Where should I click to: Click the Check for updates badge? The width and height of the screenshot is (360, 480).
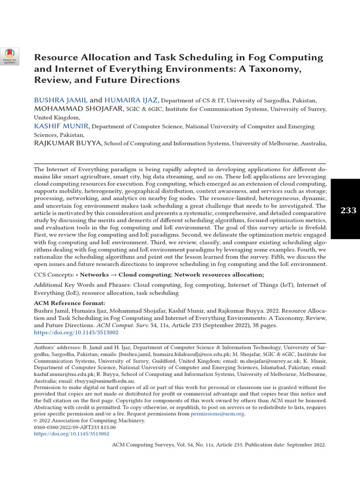[x=9, y=56]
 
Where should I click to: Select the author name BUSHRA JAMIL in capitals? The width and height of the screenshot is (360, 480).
[x=60, y=100]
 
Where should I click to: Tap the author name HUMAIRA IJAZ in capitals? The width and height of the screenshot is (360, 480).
[x=131, y=100]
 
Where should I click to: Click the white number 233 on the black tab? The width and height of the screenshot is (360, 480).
[x=348, y=210]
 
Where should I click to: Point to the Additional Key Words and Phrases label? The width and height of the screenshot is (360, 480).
[x=82, y=285]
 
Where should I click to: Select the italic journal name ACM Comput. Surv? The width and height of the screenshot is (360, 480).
[x=122, y=325]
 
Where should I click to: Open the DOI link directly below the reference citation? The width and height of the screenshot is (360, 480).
[x=76, y=332]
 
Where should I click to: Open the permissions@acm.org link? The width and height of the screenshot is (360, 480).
[x=217, y=414]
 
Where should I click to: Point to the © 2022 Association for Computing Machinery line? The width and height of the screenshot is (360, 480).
[x=90, y=421]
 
